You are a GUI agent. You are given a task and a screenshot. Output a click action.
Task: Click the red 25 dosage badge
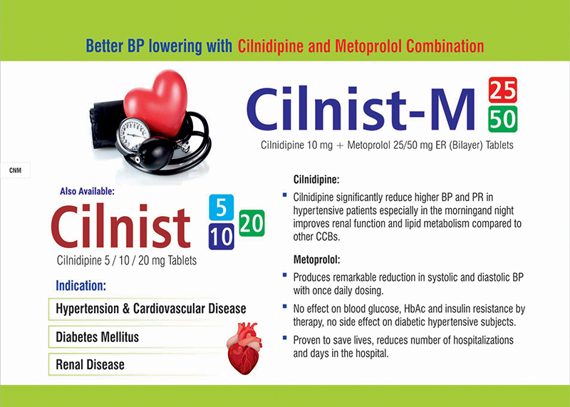tap(503, 91)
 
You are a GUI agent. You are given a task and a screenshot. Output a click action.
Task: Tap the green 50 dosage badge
tap(503, 119)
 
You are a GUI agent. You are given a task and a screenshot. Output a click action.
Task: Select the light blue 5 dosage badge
tap(221, 207)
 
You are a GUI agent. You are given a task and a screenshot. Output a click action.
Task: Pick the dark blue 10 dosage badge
tap(221, 237)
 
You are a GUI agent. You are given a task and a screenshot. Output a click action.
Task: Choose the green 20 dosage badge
tap(252, 223)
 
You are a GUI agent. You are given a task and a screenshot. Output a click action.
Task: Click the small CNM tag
tap(15, 170)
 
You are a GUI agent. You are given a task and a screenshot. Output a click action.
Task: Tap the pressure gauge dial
tap(133, 134)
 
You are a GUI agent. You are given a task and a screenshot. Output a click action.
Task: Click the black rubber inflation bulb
tap(155, 153)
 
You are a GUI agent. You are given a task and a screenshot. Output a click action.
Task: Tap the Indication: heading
tap(81, 286)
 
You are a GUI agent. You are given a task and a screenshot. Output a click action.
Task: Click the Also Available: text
tap(87, 191)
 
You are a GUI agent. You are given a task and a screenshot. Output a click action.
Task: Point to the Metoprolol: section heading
tap(316, 259)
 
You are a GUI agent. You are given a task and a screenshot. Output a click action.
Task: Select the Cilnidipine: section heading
tap(316, 180)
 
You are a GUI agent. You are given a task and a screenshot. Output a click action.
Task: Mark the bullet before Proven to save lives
tap(284, 338)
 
